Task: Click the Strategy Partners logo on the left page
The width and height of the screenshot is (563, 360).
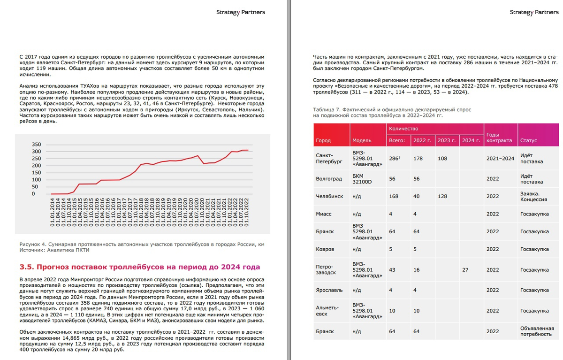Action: pyautogui.click(x=240, y=12)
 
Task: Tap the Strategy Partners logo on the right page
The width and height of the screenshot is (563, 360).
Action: pyautogui.click(x=534, y=12)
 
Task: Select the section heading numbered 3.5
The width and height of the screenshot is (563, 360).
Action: pyautogui.click(x=139, y=267)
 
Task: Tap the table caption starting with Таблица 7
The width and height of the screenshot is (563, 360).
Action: pyautogui.click(x=392, y=112)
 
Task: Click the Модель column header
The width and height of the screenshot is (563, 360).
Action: pyautogui.click(x=362, y=140)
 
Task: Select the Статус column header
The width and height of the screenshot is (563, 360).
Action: pyautogui.click(x=528, y=140)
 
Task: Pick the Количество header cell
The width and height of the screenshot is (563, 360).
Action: pyautogui.click(x=403, y=128)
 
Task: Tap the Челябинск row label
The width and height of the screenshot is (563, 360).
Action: pyautogui.click(x=329, y=196)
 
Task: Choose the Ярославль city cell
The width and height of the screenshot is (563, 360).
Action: pyautogui.click(x=329, y=290)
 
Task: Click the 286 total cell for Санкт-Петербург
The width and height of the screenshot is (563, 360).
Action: pyautogui.click(x=394, y=158)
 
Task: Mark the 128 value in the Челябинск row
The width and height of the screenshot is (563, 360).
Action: pyautogui.click(x=442, y=196)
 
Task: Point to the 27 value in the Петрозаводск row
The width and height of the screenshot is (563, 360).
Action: pyautogui.click(x=465, y=270)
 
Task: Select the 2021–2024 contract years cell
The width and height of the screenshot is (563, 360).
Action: pyautogui.click(x=500, y=158)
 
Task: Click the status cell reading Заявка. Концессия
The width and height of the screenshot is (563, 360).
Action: pyautogui.click(x=533, y=196)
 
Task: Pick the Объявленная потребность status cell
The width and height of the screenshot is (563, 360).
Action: pyautogui.click(x=536, y=331)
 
